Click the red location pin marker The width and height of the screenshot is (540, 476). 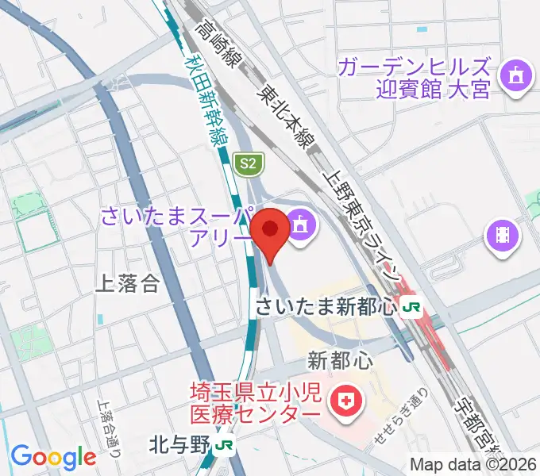pos(271,231)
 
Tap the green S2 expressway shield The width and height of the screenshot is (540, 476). pos(249,164)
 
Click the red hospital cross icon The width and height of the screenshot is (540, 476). pos(346,402)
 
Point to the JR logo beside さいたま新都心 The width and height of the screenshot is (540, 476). pos(411,306)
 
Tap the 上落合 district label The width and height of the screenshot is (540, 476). pos(127,284)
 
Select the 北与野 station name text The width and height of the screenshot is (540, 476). pos(181,446)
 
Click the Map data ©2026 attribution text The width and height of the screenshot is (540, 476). pos(473,464)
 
